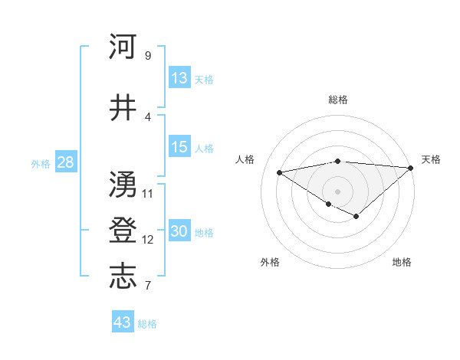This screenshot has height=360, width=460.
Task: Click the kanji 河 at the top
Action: (x=123, y=47)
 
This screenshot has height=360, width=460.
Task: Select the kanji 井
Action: (x=123, y=108)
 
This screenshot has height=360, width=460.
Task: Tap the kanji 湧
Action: (x=123, y=184)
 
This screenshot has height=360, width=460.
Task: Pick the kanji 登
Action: (x=123, y=231)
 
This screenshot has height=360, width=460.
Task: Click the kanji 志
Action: (x=123, y=277)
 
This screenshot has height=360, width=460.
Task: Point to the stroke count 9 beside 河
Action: (x=147, y=56)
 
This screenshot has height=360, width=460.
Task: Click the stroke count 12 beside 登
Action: (x=148, y=240)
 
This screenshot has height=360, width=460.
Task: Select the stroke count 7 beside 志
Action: (x=147, y=286)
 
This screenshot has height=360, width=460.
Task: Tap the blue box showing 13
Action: (x=179, y=78)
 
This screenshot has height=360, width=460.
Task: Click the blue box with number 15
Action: (x=179, y=147)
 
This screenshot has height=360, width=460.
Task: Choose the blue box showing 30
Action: (x=179, y=232)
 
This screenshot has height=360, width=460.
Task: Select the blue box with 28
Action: (x=65, y=162)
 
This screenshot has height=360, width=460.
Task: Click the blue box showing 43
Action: (x=123, y=322)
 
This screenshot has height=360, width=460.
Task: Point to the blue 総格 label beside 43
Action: (x=147, y=324)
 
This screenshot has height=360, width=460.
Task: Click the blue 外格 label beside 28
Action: (x=41, y=163)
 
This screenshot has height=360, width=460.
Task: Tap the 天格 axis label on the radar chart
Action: (x=431, y=159)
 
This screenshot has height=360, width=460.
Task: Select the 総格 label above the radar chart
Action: (x=338, y=100)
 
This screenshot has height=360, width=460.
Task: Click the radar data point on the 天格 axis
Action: (x=411, y=169)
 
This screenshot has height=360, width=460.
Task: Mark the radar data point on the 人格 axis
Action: (x=279, y=172)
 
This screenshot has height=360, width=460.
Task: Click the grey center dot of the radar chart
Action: (x=337, y=191)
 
